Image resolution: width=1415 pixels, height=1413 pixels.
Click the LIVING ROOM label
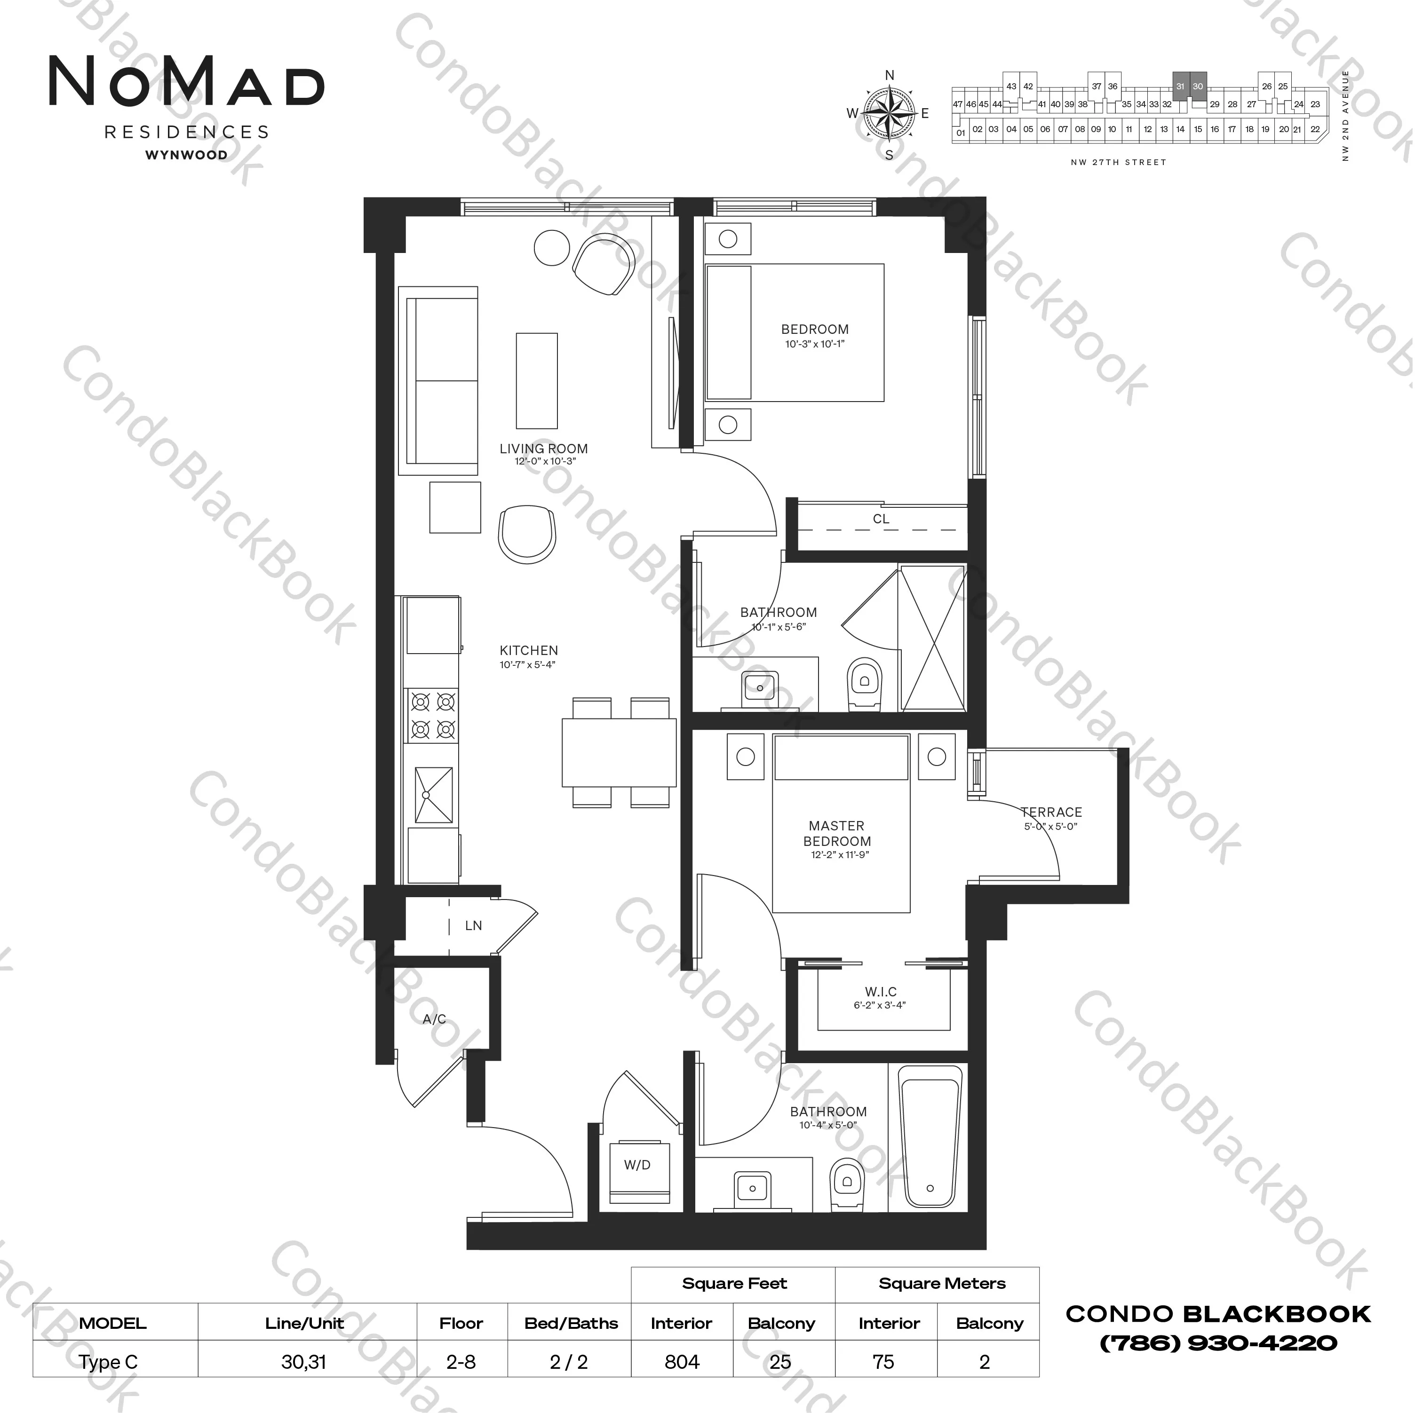tap(543, 449)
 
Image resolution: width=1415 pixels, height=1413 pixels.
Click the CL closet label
tap(881, 519)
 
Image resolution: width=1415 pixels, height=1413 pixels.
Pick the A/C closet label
tap(434, 1018)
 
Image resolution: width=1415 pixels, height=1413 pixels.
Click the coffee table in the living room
tap(537, 381)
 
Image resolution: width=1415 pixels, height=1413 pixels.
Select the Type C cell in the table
tap(108, 1363)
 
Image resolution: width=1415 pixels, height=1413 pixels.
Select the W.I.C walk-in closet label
tap(880, 992)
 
